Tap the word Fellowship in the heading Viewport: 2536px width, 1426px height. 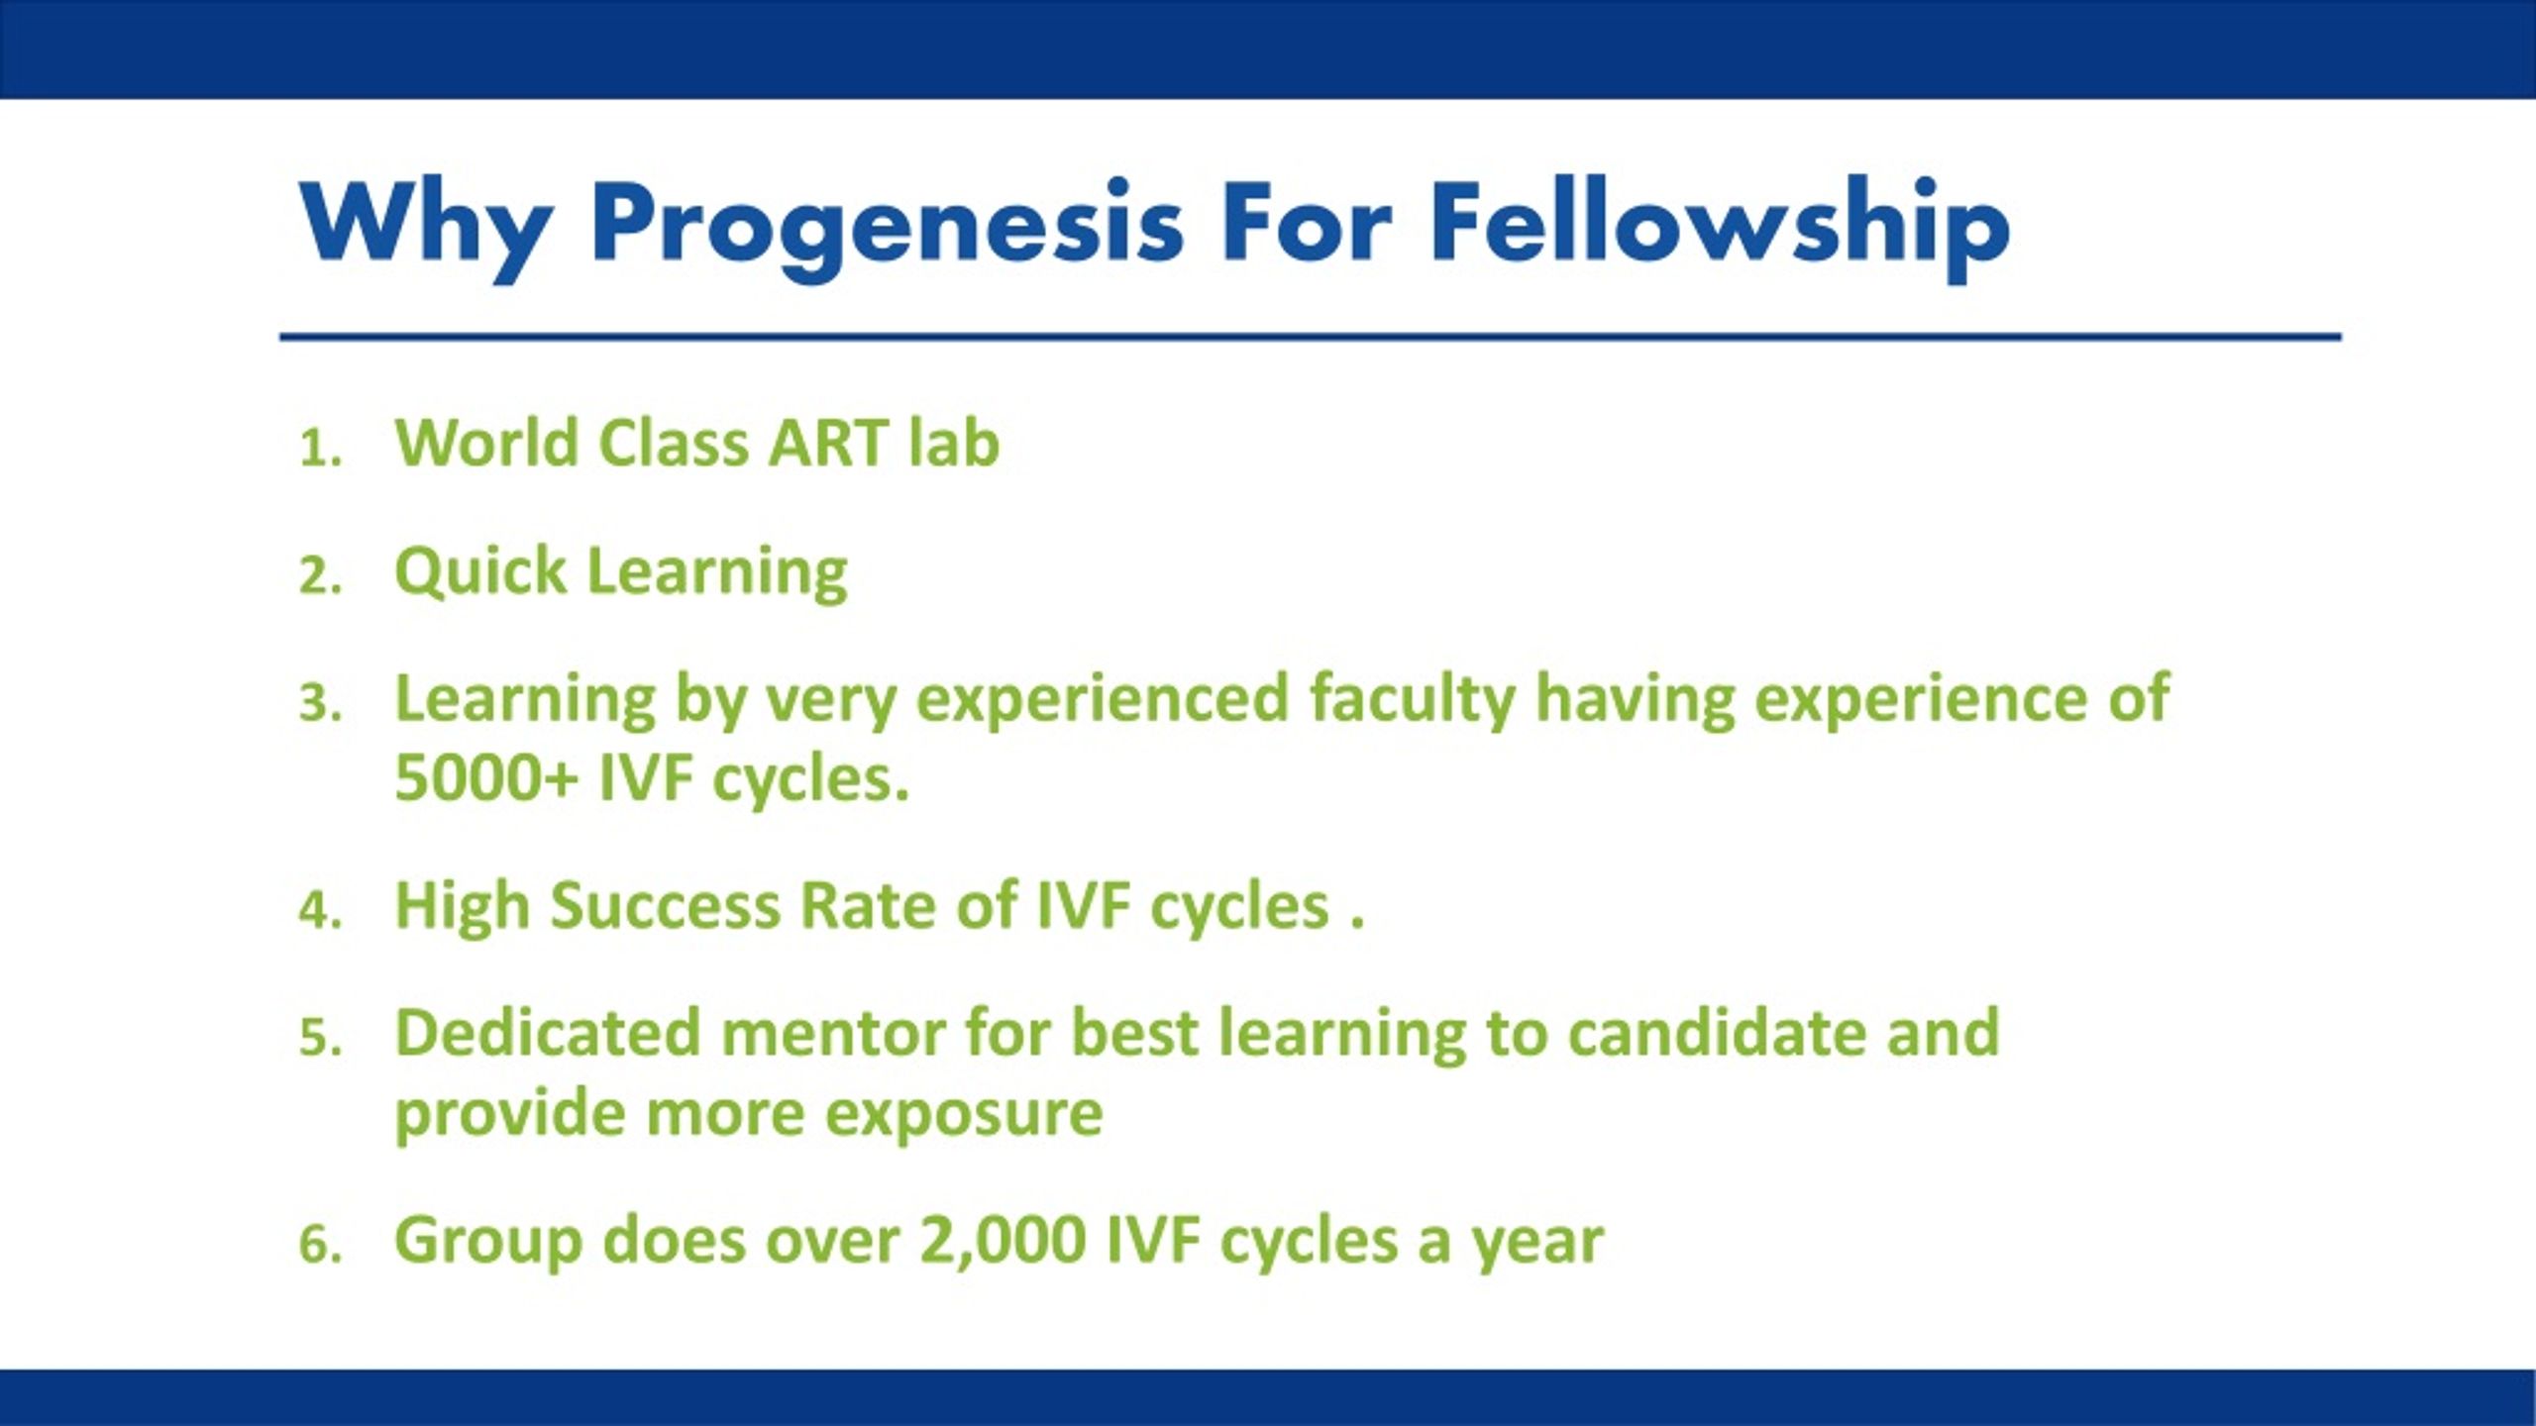pos(1720,229)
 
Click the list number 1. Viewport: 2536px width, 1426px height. pos(320,449)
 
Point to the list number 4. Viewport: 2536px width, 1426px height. pos(320,910)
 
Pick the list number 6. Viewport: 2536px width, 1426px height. pos(320,1244)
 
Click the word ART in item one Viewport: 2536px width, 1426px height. pos(828,443)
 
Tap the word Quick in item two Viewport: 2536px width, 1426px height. pos(479,572)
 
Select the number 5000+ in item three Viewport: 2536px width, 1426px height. pos(485,777)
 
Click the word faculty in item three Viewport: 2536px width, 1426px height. pos(1412,700)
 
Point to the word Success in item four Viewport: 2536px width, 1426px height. pos(666,906)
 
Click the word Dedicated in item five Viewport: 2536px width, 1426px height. pos(547,1033)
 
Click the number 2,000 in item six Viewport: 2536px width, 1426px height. pos(1003,1241)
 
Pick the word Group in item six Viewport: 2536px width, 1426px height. pos(488,1241)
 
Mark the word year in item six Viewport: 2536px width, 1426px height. pos(1537,1244)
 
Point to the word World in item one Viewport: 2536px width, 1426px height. pos(486,443)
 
